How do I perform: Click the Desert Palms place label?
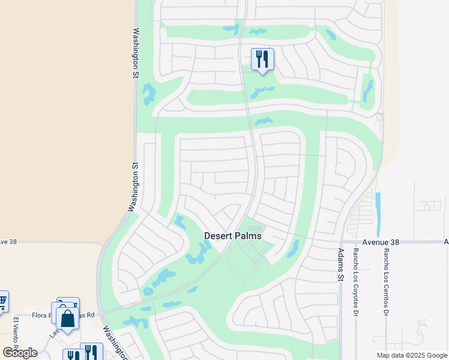point(233,236)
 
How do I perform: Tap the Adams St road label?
point(341,265)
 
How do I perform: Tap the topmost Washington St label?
point(136,53)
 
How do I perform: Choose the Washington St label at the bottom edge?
point(114,343)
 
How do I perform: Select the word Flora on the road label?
point(41,314)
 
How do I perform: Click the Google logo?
point(20,353)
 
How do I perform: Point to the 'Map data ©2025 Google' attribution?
point(412,355)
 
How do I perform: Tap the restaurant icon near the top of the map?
point(262,59)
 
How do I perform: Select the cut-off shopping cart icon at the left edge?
point(2,301)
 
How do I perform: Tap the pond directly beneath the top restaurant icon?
point(262,92)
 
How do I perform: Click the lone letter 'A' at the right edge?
point(446,242)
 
